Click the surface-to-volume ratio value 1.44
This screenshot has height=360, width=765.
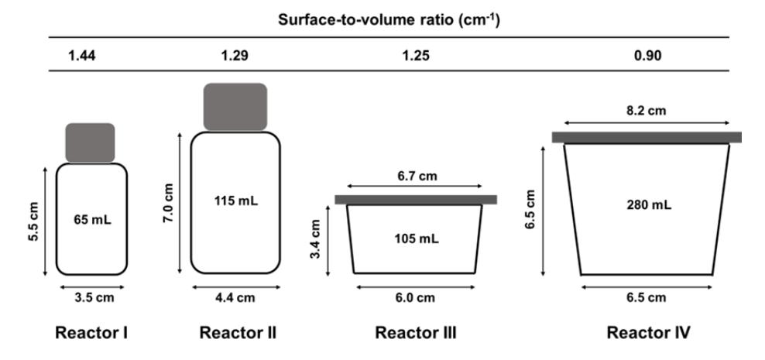[82, 56]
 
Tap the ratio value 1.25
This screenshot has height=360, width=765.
[416, 56]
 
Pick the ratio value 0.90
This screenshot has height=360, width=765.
[647, 56]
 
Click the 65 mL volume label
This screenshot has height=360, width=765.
[92, 220]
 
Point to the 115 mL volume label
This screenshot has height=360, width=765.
[236, 201]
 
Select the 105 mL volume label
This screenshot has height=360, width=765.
[416, 239]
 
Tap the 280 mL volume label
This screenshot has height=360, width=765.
[648, 204]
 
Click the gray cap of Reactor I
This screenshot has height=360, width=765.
[91, 142]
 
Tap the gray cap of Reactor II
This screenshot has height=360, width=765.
[235, 107]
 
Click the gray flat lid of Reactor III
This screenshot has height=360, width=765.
[416, 200]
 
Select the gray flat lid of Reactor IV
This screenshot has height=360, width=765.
[647, 137]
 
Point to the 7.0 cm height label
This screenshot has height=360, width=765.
[169, 203]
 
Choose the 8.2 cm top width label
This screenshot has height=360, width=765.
[646, 111]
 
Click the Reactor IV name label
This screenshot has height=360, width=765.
[648, 333]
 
